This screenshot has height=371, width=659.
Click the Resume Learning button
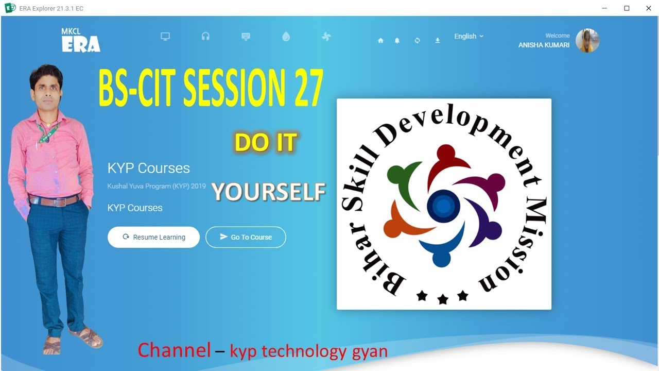(153, 237)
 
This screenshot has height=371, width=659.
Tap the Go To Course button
(246, 237)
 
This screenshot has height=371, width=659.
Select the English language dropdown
(469, 36)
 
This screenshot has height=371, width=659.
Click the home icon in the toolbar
(380, 40)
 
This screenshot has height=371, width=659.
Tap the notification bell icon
(397, 40)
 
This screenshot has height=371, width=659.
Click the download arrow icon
(437, 40)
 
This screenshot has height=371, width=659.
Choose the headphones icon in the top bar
(205, 37)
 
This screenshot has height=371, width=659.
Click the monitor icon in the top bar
(165, 37)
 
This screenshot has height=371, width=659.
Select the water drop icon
(286, 37)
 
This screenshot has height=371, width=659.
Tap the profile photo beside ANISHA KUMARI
(587, 41)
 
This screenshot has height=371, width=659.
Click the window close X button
(649, 8)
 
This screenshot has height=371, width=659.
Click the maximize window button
(627, 8)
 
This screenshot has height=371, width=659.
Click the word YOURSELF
(269, 192)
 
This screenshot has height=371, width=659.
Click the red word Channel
(174, 350)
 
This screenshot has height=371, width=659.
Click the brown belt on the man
(54, 200)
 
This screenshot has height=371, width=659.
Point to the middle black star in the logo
(443, 299)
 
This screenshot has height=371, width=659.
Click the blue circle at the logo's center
(443, 206)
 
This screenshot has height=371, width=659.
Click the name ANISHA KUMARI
(544, 45)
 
